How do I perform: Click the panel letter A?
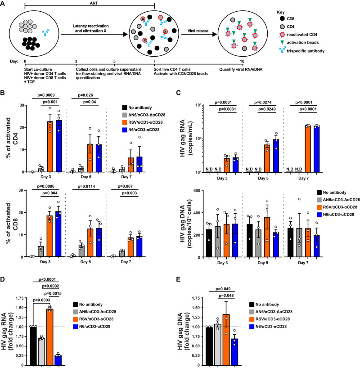coord(4,4)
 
